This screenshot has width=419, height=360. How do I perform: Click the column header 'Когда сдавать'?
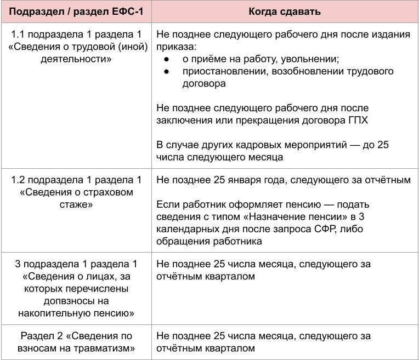click(284, 12)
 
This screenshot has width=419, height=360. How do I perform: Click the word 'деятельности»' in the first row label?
click(76, 59)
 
